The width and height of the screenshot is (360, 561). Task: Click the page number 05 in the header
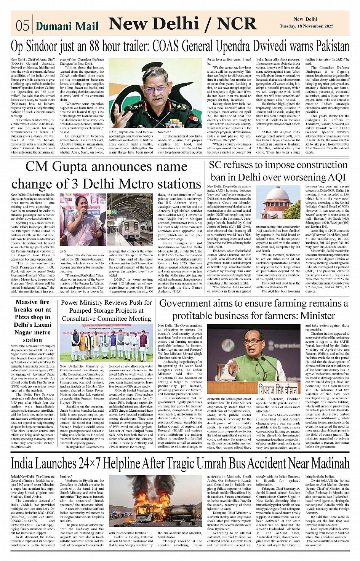[22, 26]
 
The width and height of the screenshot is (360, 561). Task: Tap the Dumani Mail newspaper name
[67, 26]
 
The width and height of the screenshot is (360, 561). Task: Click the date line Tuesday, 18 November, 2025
[307, 26]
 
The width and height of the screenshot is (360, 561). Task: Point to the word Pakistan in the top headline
[329, 46]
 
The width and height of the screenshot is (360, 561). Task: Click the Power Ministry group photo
[106, 343]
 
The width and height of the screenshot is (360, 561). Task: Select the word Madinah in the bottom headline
[330, 463]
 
